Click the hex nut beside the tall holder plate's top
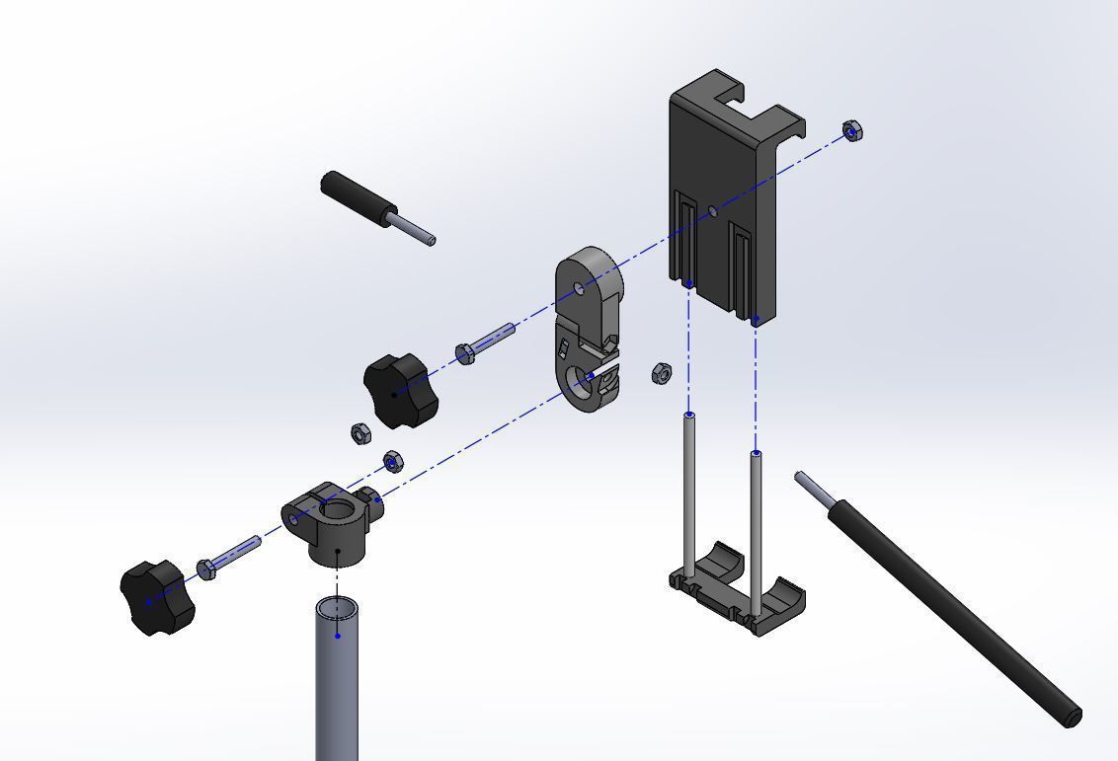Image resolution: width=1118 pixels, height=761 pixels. (854, 130)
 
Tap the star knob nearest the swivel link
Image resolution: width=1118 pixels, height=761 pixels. (399, 392)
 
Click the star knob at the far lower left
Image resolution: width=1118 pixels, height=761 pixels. (155, 598)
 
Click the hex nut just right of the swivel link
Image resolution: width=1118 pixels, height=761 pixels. (662, 373)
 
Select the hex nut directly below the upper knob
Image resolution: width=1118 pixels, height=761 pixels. (361, 432)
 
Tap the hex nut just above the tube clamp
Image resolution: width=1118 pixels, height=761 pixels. (392, 461)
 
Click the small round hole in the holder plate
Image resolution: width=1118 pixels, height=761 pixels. (713, 209)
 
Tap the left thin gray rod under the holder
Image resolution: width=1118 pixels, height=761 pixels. (689, 494)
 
